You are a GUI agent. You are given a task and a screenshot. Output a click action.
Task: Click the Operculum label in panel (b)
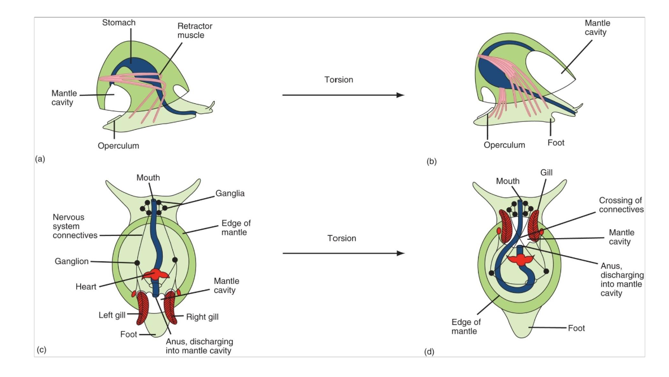tap(504, 144)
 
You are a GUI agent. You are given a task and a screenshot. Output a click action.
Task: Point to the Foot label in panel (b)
tap(555, 143)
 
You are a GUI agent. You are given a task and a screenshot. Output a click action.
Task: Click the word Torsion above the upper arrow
tap(338, 80)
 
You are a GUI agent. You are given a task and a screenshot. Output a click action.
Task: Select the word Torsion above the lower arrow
tap(342, 238)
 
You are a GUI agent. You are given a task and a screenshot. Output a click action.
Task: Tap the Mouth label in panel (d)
tap(508, 181)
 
